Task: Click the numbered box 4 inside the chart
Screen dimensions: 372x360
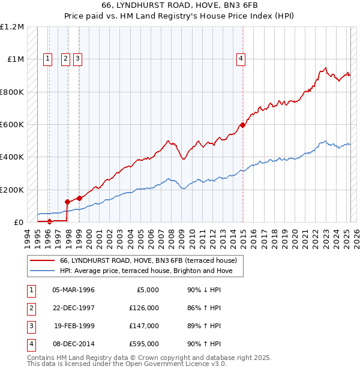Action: pos(240,58)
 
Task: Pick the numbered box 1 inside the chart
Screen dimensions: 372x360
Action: pos(47,58)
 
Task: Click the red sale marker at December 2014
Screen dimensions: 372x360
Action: pos(243,125)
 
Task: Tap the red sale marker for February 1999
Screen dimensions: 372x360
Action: pos(79,199)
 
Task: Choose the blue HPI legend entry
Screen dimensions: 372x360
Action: pos(150,271)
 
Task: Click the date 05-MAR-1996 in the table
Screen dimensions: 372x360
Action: pos(74,290)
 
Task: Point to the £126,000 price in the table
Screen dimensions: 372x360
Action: pos(145,308)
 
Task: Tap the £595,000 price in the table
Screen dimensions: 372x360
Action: pos(145,344)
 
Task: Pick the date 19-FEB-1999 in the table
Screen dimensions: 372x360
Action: pos(74,326)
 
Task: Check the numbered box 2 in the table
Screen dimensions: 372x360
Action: pos(30,308)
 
